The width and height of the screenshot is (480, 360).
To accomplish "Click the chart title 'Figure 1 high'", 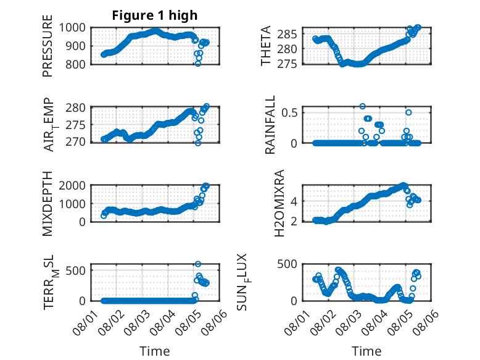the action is tap(155, 15).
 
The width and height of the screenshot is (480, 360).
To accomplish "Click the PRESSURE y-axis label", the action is tap(48, 46).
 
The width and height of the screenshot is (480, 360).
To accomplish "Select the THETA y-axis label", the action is tap(266, 46).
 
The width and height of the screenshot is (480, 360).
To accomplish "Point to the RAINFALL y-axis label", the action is tap(270, 125).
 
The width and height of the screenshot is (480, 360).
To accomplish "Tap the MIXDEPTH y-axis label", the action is tap(48, 203).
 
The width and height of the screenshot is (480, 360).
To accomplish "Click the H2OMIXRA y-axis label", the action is tap(279, 203).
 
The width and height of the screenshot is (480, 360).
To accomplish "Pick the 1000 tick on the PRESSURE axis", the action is tap(72, 28).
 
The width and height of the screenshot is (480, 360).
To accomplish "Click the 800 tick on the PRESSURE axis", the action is tap(76, 64).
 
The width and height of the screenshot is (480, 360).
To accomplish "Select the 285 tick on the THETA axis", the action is tap(287, 35).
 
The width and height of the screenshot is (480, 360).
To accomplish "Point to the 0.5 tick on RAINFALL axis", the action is tap(289, 112).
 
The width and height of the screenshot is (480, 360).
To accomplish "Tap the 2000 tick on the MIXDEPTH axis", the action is tap(72, 185).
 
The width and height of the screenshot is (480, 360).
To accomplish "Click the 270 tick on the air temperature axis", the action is tap(76, 142).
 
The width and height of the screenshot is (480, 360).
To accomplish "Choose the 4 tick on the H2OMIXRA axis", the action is tap(294, 201).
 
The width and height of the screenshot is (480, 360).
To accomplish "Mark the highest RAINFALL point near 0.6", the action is tap(362, 106).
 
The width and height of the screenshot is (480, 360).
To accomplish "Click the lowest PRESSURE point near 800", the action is tap(198, 64).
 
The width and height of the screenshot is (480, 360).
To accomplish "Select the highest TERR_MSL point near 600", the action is tap(198, 264).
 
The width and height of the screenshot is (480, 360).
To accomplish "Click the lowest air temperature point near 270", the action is tap(198, 143).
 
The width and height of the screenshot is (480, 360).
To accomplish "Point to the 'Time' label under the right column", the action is tap(366, 351).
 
